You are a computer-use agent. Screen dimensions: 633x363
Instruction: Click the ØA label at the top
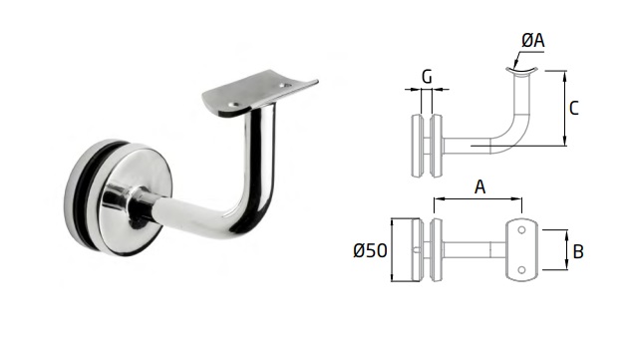[x=533, y=40]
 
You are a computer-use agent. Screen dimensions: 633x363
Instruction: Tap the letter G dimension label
[x=427, y=77]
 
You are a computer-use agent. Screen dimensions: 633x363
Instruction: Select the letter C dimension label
[x=574, y=108]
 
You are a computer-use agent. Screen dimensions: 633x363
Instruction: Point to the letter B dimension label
[x=578, y=251]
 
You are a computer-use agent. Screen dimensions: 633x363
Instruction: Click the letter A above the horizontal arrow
[x=479, y=186]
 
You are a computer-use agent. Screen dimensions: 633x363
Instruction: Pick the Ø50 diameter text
[x=370, y=250]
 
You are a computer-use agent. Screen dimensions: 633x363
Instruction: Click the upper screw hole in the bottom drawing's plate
[x=521, y=230]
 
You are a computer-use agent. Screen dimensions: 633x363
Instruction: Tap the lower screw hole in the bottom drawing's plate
[x=521, y=269]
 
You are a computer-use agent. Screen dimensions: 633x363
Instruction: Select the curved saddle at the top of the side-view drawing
[x=521, y=71]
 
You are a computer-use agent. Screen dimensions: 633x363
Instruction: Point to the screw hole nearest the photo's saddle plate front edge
[x=233, y=105]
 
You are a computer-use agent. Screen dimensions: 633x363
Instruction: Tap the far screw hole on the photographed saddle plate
[x=286, y=86]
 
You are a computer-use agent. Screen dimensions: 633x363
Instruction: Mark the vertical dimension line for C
[x=565, y=108]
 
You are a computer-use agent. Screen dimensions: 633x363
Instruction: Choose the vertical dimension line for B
[x=566, y=249]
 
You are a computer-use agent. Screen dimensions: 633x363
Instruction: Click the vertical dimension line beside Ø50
[x=392, y=249]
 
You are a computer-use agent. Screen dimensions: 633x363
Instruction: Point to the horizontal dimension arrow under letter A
[x=477, y=198]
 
